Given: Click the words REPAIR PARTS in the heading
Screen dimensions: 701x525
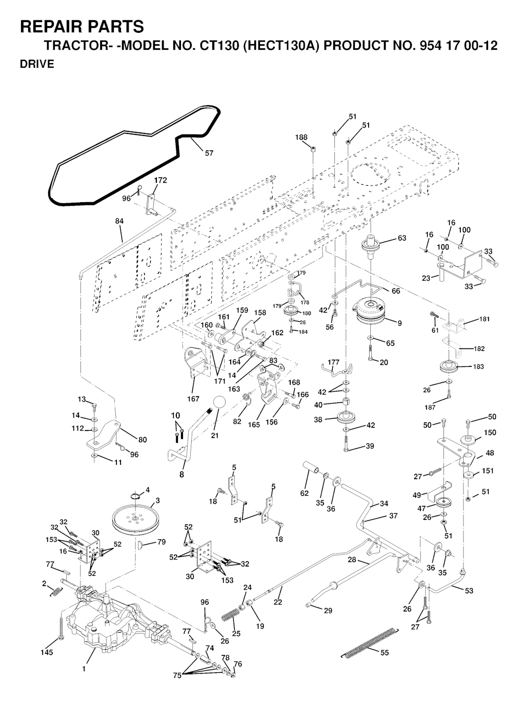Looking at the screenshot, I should [x=82, y=27].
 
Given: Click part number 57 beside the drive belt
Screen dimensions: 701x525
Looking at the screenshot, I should [x=209, y=152].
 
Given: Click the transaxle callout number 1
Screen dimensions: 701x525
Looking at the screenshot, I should [x=84, y=669].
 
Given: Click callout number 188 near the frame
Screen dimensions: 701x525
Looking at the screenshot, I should [x=301, y=137].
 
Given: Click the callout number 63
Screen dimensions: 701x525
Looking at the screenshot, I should [x=401, y=238].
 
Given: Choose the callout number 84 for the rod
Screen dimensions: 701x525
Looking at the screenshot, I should [x=119, y=221].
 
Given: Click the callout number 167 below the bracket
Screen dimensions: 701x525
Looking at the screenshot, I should [x=193, y=398].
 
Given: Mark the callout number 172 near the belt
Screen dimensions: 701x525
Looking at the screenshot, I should [x=160, y=181].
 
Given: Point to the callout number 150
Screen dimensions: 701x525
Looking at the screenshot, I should [x=490, y=433].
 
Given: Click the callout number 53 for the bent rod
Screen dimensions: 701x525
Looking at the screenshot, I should [x=469, y=591].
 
